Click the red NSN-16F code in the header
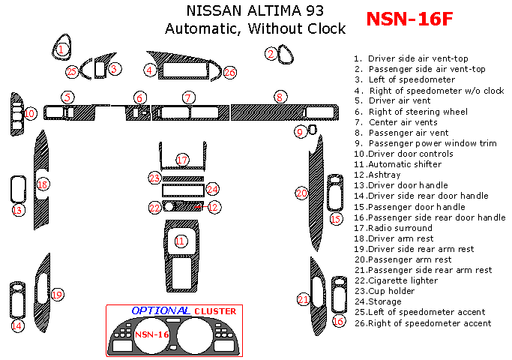409,19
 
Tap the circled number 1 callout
63,49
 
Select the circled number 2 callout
271,53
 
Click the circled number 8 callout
279,97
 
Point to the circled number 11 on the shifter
180,241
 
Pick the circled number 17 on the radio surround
182,160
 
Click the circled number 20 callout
301,193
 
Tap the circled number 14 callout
16,326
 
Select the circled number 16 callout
338,321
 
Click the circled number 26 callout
229,72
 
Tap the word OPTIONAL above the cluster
160,310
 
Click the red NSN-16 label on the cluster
151,334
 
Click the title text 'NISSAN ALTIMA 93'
255,11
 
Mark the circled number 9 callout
300,132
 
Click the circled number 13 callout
16,211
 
